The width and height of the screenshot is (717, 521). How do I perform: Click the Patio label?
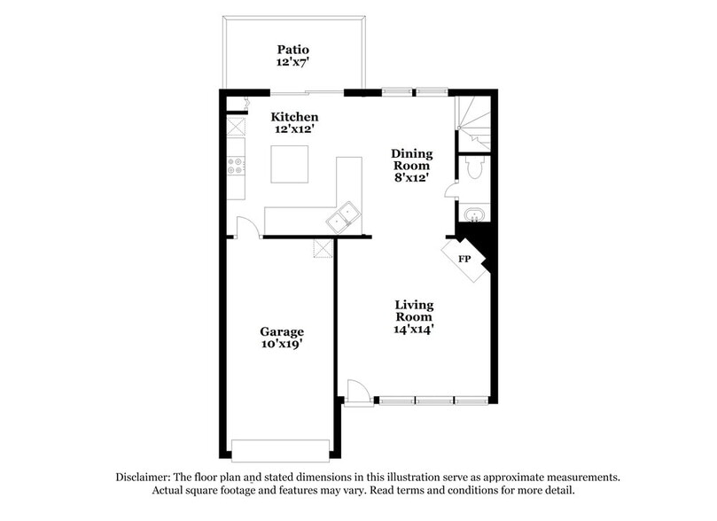292,50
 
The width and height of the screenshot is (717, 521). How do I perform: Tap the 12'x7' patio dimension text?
292,63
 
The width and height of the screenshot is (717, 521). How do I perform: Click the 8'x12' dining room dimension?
411,178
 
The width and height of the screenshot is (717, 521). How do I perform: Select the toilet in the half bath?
473,168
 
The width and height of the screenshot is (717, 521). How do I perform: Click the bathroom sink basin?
472,215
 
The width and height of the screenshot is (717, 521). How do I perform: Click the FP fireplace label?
464,260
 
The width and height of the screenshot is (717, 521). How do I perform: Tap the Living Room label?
414,310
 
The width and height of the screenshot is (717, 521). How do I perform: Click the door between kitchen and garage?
249,227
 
